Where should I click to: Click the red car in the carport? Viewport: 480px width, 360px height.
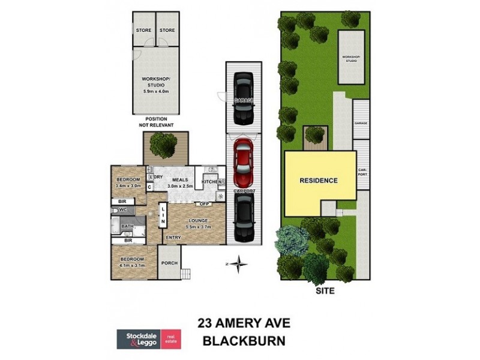244,163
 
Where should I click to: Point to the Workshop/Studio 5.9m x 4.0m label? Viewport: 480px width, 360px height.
156,85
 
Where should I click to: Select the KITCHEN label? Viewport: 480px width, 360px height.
212,181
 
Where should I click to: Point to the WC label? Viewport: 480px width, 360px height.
122,210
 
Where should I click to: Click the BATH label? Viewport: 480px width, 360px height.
127,226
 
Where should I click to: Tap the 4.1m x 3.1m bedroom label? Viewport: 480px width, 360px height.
132,262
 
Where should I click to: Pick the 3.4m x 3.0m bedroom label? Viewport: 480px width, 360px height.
128,183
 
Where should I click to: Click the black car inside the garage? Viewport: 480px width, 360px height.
244,91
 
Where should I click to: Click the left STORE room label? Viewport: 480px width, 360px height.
143,30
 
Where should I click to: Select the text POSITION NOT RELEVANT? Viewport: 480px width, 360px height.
155,122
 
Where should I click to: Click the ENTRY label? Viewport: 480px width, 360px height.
173,238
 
